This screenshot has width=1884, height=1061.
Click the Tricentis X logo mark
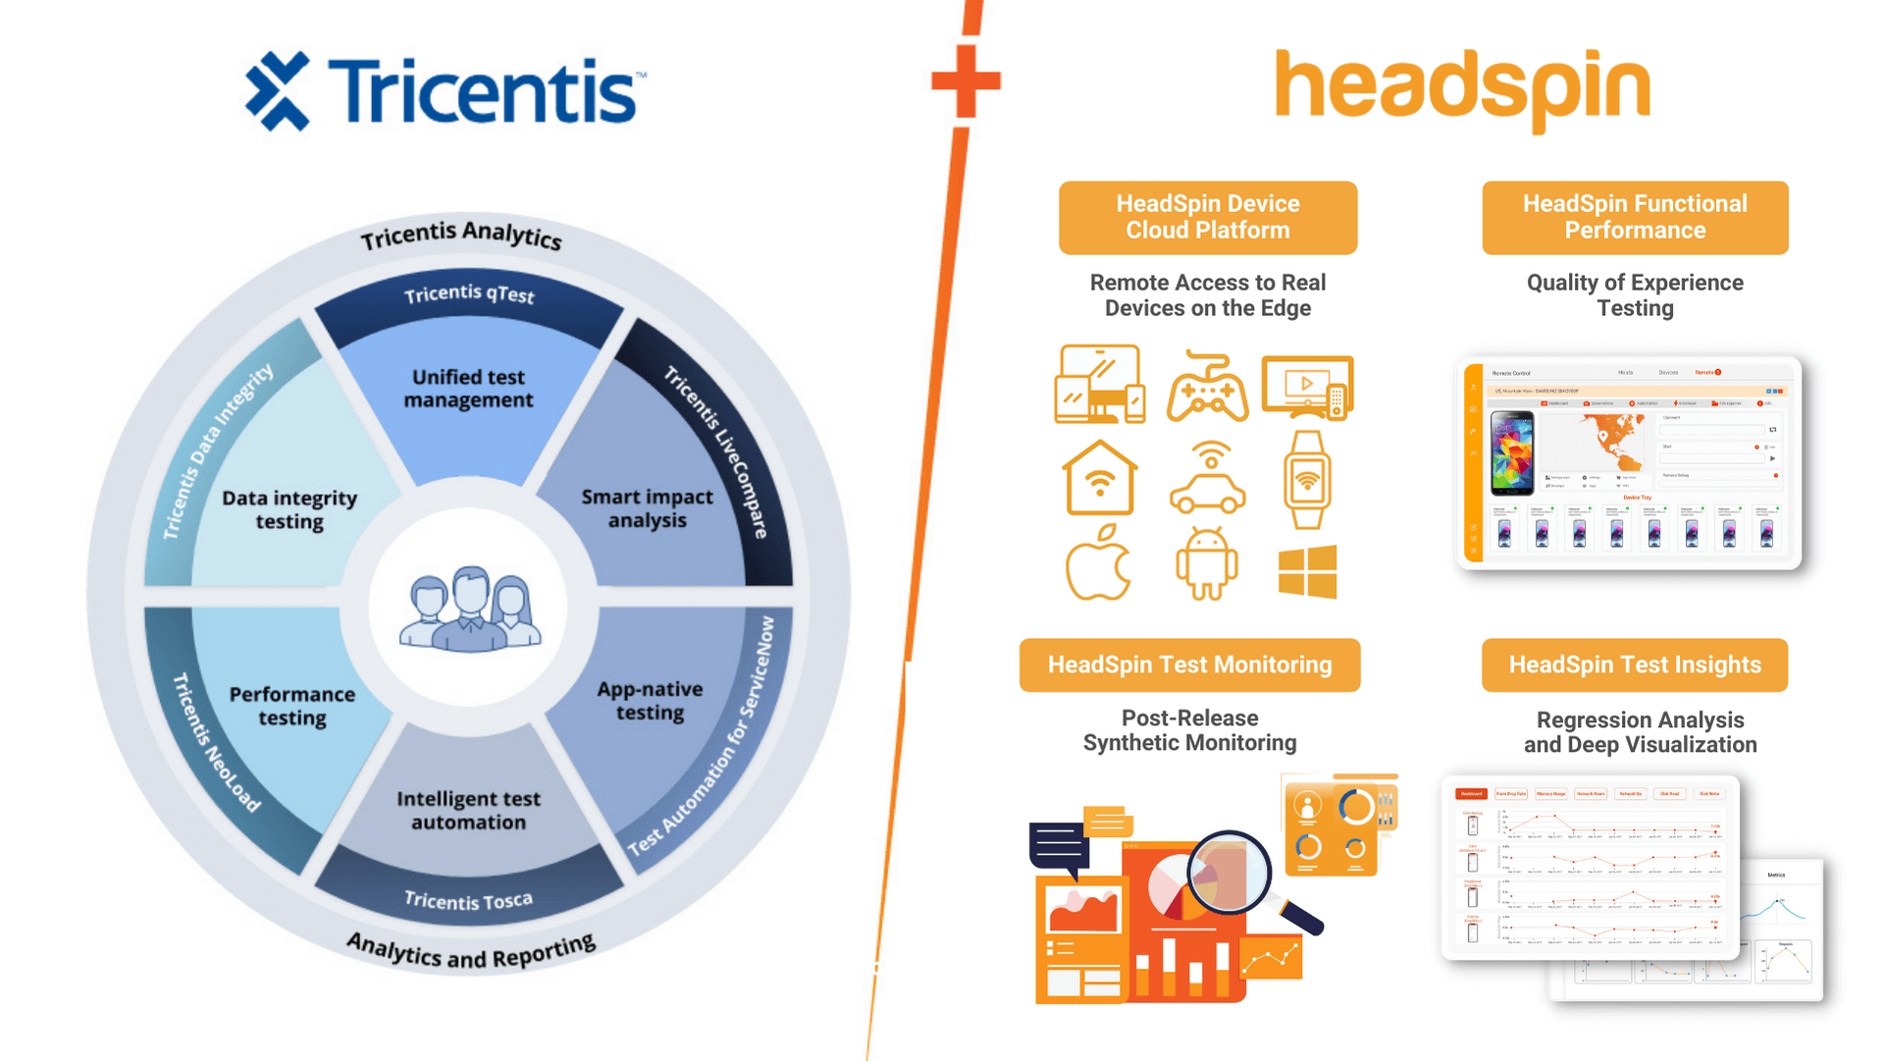coord(278,91)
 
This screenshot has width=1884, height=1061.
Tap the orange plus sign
coord(967,80)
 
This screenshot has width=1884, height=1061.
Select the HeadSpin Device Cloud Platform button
coord(1207,217)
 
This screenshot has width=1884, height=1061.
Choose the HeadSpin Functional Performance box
coord(1635,217)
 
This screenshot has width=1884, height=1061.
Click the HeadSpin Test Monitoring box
coord(1189,664)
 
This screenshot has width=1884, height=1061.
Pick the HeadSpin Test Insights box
coord(1635,664)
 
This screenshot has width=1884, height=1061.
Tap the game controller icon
coord(1207,388)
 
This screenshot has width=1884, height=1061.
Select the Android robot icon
coord(1207,564)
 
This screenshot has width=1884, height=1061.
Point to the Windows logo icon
coord(1307,571)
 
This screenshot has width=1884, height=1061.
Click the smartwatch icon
coord(1307,480)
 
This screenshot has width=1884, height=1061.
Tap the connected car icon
coord(1207,478)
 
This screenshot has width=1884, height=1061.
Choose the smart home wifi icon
coord(1099,478)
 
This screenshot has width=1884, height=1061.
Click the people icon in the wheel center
coord(469,610)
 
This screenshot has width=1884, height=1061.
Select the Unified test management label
coord(469,389)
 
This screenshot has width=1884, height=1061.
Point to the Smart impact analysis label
coord(647,508)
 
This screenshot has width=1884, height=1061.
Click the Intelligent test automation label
coord(468,811)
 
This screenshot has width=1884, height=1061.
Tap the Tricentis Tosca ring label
coord(468,900)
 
